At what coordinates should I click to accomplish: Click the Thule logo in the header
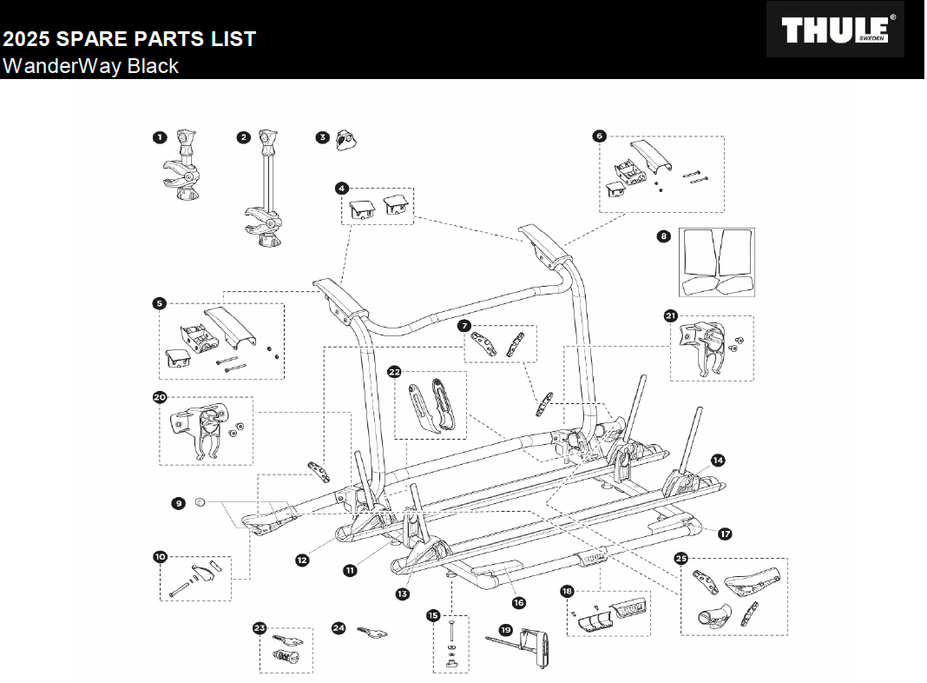835,30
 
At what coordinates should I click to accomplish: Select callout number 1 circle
159,137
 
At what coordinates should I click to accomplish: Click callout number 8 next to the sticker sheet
664,235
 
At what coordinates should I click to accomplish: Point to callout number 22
394,372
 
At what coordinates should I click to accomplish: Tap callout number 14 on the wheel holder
717,460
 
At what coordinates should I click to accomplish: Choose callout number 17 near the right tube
725,534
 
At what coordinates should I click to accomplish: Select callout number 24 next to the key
339,627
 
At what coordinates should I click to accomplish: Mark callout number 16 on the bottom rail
519,602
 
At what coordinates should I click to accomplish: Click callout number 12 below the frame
302,560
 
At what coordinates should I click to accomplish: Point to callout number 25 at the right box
681,559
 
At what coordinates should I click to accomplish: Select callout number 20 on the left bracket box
159,397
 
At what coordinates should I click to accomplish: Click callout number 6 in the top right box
599,136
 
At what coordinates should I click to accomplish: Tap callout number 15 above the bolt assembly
433,615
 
